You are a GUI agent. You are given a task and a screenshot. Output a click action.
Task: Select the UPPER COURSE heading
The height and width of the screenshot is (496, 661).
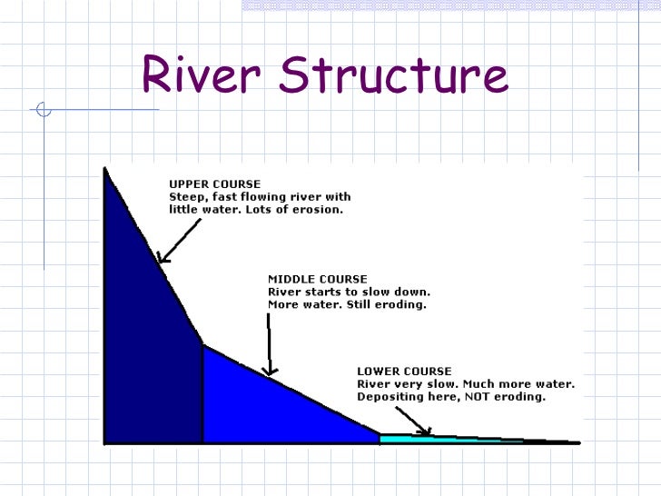coord(214,184)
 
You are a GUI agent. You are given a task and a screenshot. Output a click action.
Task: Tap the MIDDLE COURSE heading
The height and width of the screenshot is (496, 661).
coord(317,279)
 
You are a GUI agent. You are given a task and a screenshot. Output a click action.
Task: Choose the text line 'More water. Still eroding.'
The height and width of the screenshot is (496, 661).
coord(347,304)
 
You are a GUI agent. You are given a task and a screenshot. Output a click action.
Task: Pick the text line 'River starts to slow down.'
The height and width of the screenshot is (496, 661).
coord(349,292)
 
